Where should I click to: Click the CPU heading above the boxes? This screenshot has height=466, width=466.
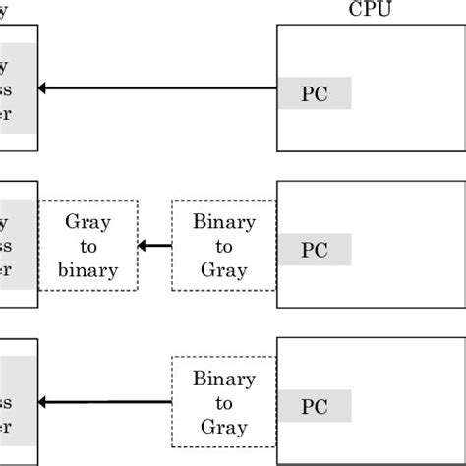pos(369,9)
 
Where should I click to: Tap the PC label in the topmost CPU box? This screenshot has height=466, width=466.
pos(314,93)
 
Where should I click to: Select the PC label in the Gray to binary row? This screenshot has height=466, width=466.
pos(314,250)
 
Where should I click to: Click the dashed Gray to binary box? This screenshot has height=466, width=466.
pos(88,246)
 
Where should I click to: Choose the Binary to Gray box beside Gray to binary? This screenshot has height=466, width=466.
pos(224,246)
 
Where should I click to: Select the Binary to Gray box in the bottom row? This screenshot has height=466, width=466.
pos(224,403)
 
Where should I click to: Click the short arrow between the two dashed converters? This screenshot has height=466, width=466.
pos(155,246)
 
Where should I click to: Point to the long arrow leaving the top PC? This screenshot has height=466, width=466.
pos(157,89)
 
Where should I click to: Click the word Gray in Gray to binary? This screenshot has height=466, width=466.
pos(88,222)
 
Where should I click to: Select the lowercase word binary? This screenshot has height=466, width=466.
pos(88,270)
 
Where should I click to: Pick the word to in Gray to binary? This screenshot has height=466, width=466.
pos(88,247)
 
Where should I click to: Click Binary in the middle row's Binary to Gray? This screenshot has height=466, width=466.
pos(224,222)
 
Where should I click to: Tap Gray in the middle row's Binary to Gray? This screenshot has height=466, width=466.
pos(224,270)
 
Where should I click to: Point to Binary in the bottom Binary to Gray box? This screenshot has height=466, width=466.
pos(224,379)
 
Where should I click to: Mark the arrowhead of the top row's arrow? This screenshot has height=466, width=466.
pos(43,89)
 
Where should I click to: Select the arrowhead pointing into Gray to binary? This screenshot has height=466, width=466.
pos(144,246)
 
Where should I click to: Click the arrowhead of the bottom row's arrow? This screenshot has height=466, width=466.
pos(43,402)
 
